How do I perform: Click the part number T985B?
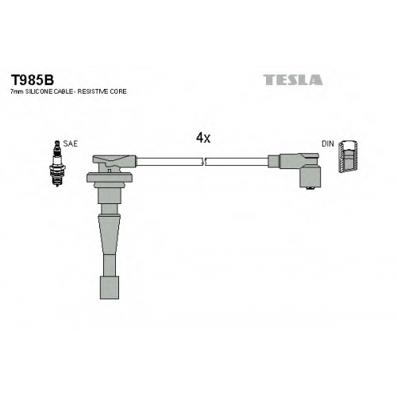pos(32,79)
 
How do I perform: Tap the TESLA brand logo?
pos(293,80)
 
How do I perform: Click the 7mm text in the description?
pos(17,91)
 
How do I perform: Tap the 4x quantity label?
pos(203,138)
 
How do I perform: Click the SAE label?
pos(71,144)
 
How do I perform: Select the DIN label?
pos(328,144)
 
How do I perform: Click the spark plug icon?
pos(57,164)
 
